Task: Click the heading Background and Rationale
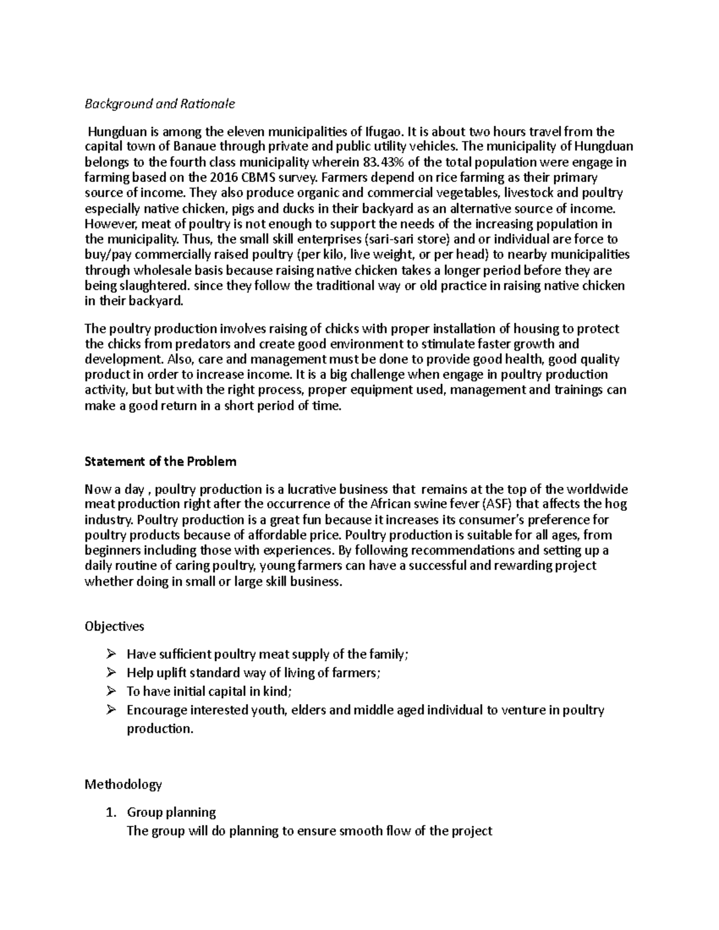159,104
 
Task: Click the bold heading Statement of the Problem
161,462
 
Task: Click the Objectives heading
114,627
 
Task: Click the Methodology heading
123,784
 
